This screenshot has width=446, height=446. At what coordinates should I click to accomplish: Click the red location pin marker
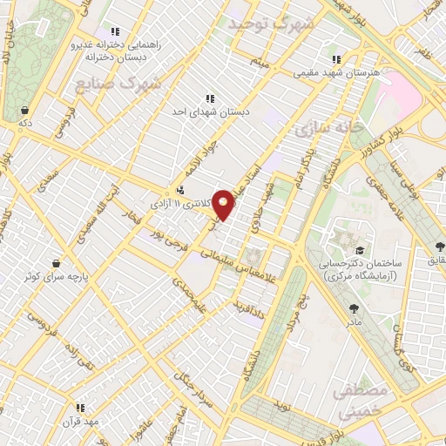[x=225, y=204]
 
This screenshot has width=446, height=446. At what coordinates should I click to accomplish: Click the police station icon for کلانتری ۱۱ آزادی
[x=179, y=189]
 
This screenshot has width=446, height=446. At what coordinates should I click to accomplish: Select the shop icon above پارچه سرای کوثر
[x=57, y=262]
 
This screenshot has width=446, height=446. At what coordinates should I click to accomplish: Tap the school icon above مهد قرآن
[x=81, y=407]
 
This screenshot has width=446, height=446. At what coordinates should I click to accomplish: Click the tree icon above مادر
[x=354, y=307]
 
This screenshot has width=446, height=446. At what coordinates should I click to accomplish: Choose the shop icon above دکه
[x=25, y=111]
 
